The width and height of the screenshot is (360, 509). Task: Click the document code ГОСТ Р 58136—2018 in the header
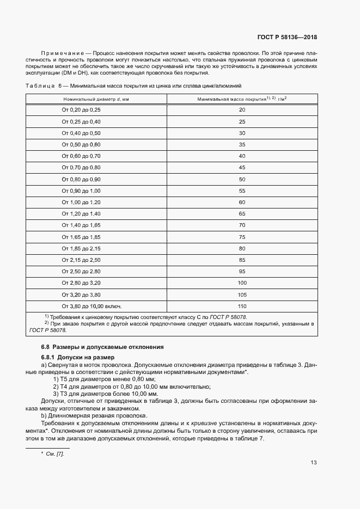286,38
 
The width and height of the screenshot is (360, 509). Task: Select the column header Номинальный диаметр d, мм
96,99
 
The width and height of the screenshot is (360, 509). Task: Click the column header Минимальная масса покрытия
242,99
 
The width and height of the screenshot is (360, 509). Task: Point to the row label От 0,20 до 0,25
81,110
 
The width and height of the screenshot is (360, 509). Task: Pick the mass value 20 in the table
242,110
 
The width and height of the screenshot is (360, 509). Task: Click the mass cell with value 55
242,191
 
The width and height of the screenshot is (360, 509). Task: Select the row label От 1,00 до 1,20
81,203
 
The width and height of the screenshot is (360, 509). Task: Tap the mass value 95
242,271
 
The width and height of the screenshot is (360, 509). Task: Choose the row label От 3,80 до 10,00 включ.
91,306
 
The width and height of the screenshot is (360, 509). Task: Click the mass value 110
242,306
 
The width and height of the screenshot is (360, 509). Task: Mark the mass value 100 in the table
242,283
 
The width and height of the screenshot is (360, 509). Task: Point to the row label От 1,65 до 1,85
81,237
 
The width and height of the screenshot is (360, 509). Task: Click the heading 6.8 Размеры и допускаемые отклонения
102,347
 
